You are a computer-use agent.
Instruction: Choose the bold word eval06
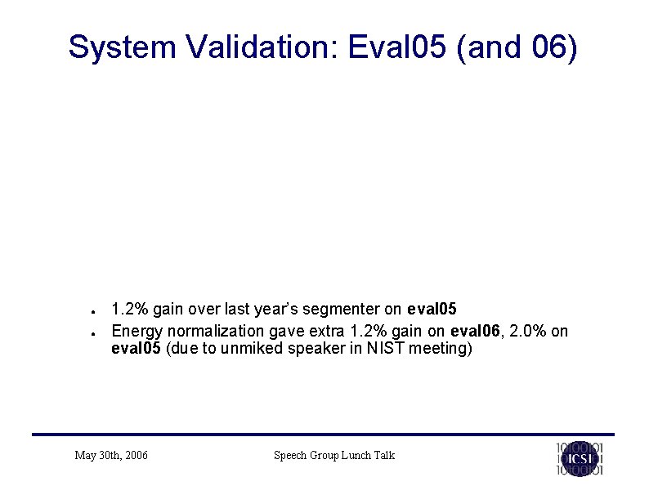click(472, 331)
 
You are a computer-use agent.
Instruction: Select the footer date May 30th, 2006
click(111, 455)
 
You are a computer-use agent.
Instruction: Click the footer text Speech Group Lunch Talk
click(333, 455)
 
